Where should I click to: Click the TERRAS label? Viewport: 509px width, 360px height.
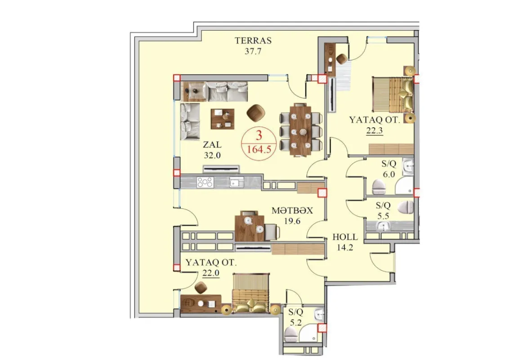253,40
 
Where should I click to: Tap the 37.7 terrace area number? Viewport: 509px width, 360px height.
253,51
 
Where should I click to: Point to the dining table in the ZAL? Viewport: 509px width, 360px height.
300,130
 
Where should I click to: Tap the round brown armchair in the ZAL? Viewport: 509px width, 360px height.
256,113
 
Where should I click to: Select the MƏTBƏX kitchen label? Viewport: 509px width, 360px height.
292,211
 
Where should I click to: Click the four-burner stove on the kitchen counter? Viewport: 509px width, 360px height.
205,183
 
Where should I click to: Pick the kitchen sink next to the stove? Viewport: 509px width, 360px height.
236,182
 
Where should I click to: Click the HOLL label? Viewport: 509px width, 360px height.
345,237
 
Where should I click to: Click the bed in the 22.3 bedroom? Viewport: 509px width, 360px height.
392,94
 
